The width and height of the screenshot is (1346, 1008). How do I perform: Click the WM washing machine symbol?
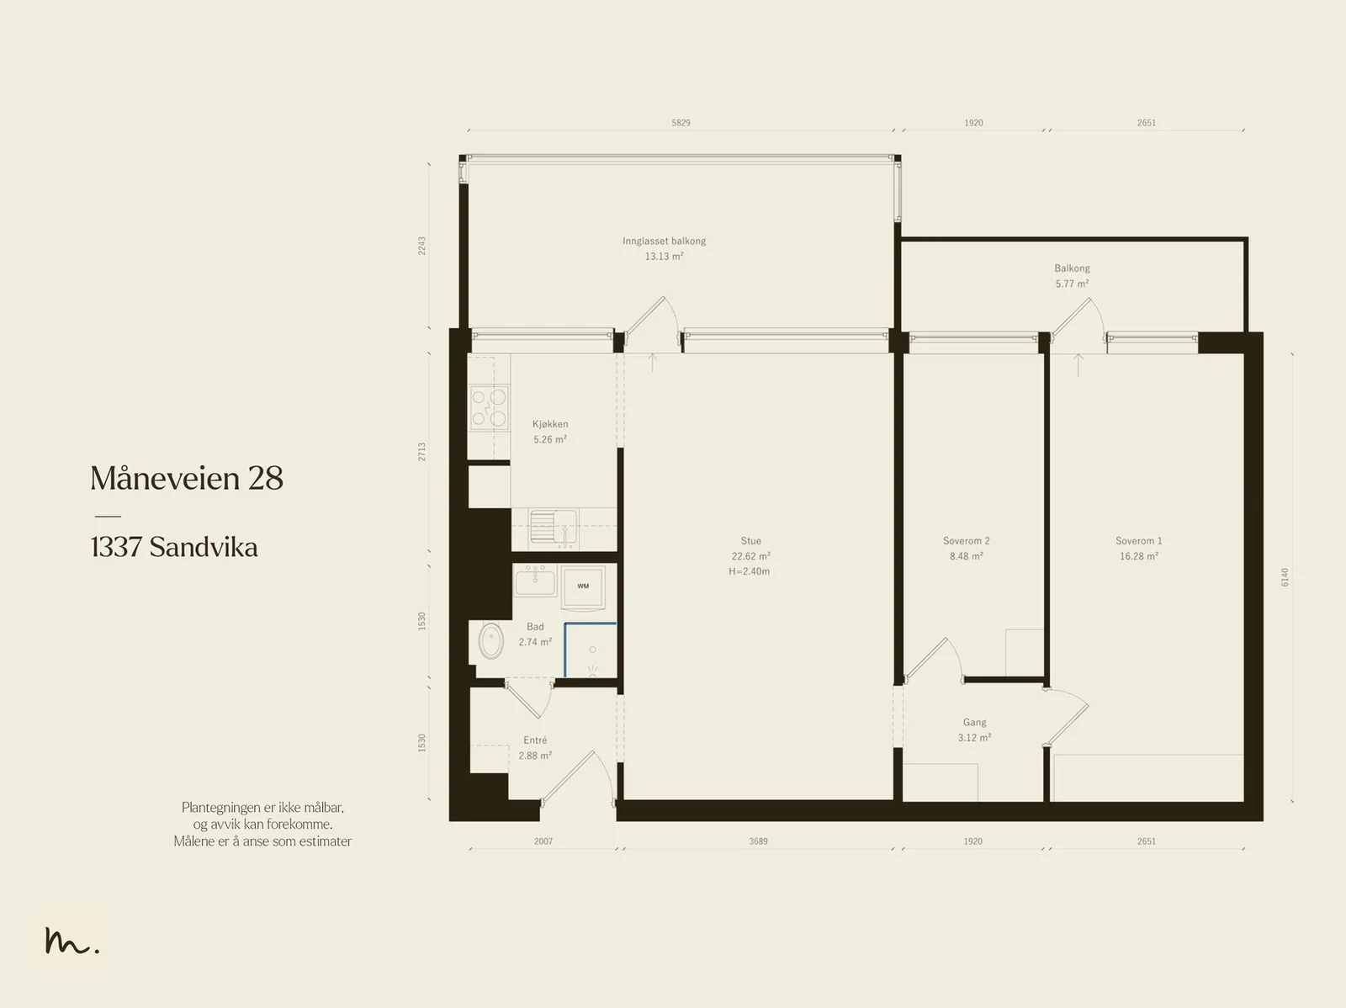582,586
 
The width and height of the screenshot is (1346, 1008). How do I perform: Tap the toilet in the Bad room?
490,641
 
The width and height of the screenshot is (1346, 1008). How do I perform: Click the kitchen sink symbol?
553,527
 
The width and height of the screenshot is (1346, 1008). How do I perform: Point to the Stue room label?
750,541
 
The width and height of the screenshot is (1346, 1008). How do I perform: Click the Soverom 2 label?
966,541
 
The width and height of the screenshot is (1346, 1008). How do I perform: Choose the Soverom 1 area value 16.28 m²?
1138,556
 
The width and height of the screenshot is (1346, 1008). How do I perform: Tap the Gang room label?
974,722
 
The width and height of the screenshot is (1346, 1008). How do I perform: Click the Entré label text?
535,740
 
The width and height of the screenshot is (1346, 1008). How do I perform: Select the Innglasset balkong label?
664,241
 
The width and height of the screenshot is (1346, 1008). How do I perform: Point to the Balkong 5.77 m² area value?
1072,284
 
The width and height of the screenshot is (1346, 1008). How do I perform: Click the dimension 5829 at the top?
681,123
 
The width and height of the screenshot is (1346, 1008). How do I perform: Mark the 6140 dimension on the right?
1285,577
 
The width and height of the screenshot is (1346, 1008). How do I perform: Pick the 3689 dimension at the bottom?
758,841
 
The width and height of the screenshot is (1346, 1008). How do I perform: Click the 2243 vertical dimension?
422,246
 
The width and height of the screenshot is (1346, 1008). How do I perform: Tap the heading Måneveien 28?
187,478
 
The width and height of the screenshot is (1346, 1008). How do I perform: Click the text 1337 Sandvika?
174,547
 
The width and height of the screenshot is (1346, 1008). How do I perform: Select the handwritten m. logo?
72,941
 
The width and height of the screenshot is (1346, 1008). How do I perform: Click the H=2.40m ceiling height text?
750,571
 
